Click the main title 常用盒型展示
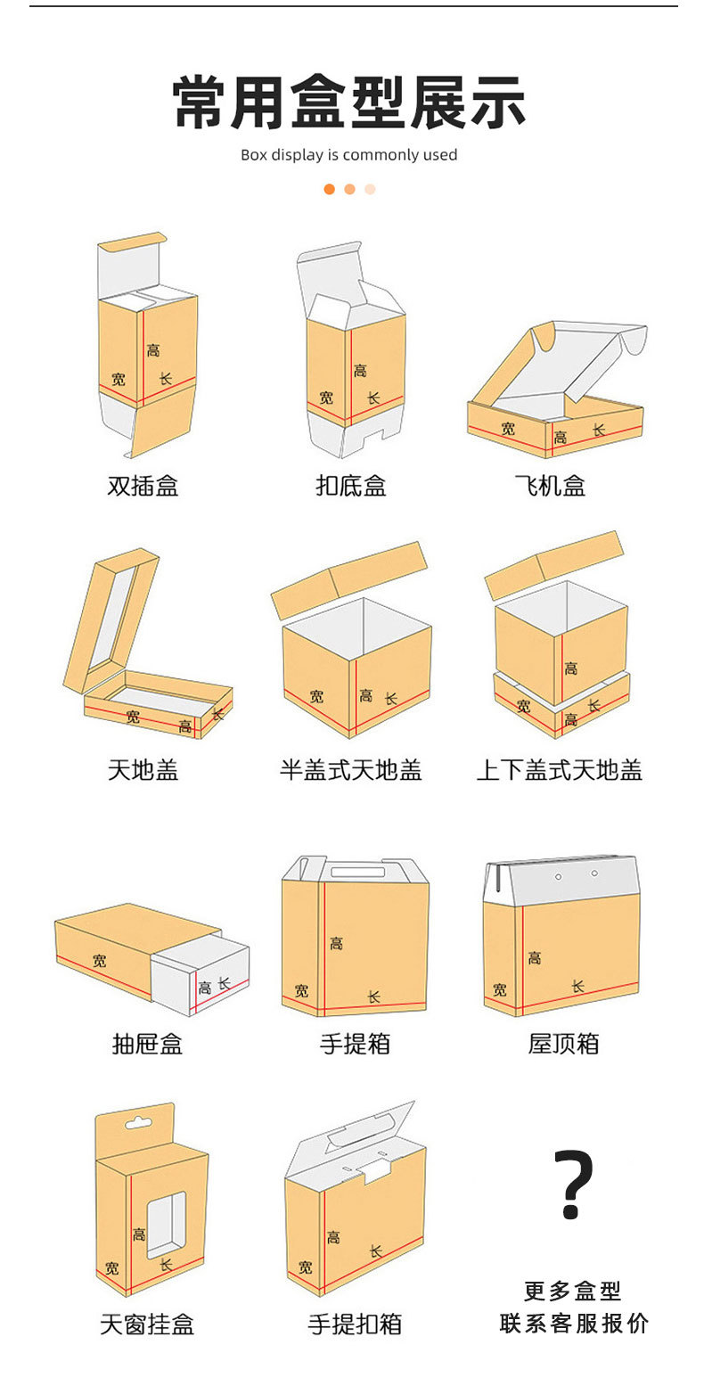(349, 104)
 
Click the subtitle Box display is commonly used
(348, 155)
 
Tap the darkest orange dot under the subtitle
(329, 189)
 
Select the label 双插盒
(143, 486)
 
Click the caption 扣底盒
(350, 486)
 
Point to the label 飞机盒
(550, 486)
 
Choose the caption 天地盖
(143, 770)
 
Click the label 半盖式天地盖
(350, 770)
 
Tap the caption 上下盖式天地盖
(559, 770)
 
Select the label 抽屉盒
(147, 1044)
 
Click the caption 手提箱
(355, 1044)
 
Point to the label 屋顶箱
(563, 1044)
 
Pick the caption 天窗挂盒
(146, 1324)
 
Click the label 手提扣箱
(355, 1324)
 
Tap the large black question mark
(573, 1185)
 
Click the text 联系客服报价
(573, 1323)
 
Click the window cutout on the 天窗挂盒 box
(166, 1225)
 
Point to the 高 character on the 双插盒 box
(153, 350)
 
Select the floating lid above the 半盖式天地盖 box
(349, 579)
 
